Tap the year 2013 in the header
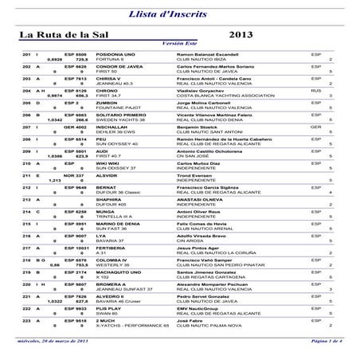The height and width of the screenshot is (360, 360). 241,35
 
